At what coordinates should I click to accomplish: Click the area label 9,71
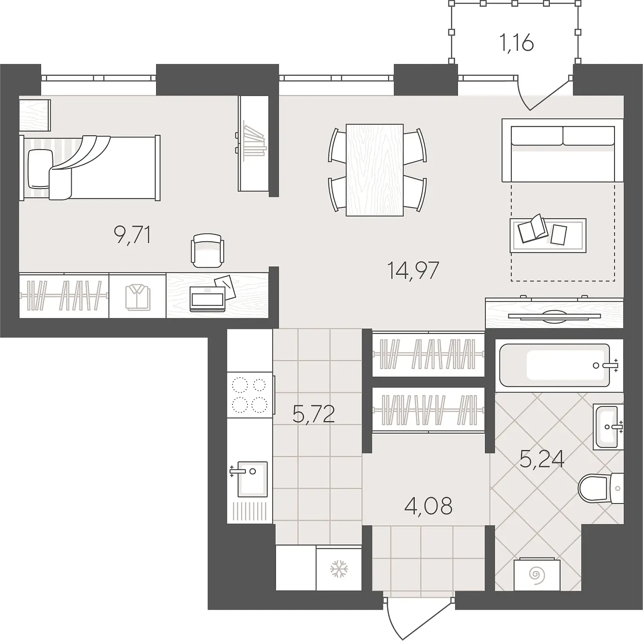pos(132,235)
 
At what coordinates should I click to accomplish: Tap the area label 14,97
pos(413,270)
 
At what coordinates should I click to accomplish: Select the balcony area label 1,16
pos(517,44)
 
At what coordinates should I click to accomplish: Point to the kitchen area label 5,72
pos(313,414)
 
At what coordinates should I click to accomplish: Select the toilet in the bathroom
pos(601,489)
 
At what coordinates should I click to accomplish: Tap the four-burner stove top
pos(250,395)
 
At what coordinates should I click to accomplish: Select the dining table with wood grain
pos(374,170)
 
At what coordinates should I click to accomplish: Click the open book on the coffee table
pos(533,228)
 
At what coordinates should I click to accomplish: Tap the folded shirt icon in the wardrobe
pos(138,296)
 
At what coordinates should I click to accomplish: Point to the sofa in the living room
pos(563,150)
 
